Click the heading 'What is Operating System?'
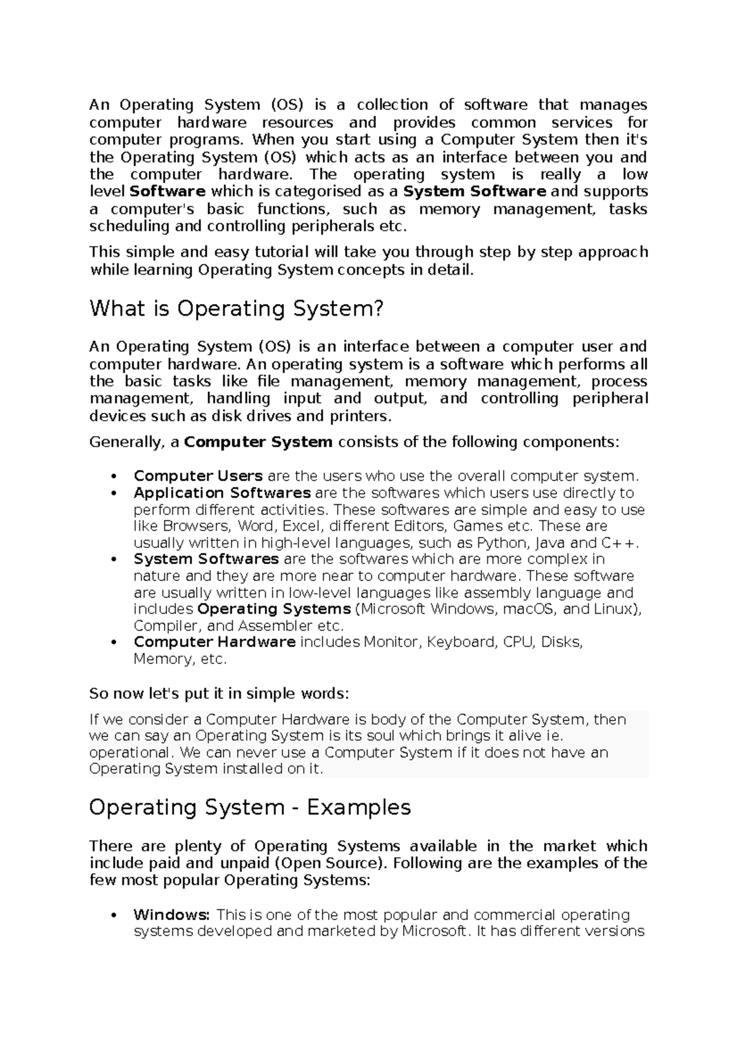click(236, 308)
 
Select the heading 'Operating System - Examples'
click(249, 807)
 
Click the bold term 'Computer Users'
click(198, 476)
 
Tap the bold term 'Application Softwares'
click(222, 493)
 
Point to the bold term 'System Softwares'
click(206, 559)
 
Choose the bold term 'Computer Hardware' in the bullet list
click(214, 642)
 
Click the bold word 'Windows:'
click(172, 915)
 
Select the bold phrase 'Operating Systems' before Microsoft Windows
click(274, 609)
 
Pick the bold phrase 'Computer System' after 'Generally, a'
click(258, 442)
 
